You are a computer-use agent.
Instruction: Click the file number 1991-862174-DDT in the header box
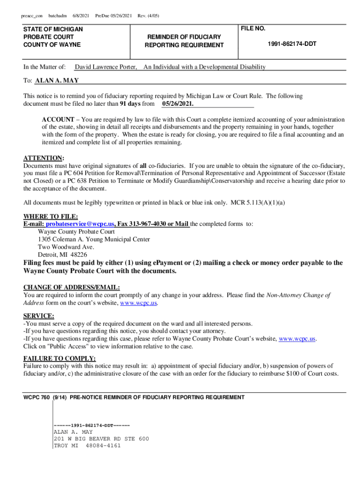click(x=292, y=44)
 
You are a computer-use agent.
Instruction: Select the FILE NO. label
click(x=253, y=29)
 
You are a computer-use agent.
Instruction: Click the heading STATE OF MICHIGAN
click(x=53, y=29)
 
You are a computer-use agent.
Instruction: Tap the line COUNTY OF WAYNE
click(x=52, y=44)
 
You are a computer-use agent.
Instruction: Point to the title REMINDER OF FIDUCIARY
click(x=184, y=36)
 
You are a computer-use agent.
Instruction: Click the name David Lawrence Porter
click(x=106, y=67)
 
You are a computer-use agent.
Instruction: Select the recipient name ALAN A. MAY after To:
click(x=57, y=80)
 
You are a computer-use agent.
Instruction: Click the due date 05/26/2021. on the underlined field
click(x=178, y=104)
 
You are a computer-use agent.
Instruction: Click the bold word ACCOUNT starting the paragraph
click(x=58, y=120)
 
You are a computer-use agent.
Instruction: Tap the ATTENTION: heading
click(x=44, y=158)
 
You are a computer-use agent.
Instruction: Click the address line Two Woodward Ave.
click(x=66, y=247)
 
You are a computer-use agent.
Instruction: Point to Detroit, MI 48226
click(x=62, y=255)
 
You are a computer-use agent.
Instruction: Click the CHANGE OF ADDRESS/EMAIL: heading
click(x=72, y=287)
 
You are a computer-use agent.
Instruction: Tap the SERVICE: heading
click(x=38, y=316)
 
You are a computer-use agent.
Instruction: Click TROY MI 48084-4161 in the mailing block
click(x=87, y=445)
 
